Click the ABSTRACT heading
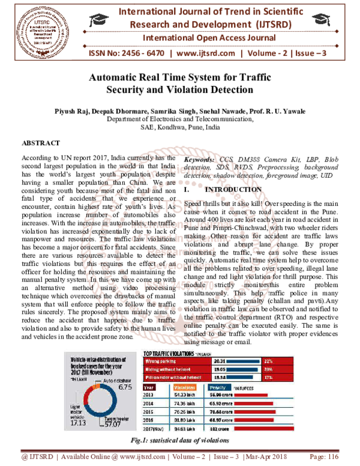pos(40,142)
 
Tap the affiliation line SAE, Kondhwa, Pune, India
pos(180,128)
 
